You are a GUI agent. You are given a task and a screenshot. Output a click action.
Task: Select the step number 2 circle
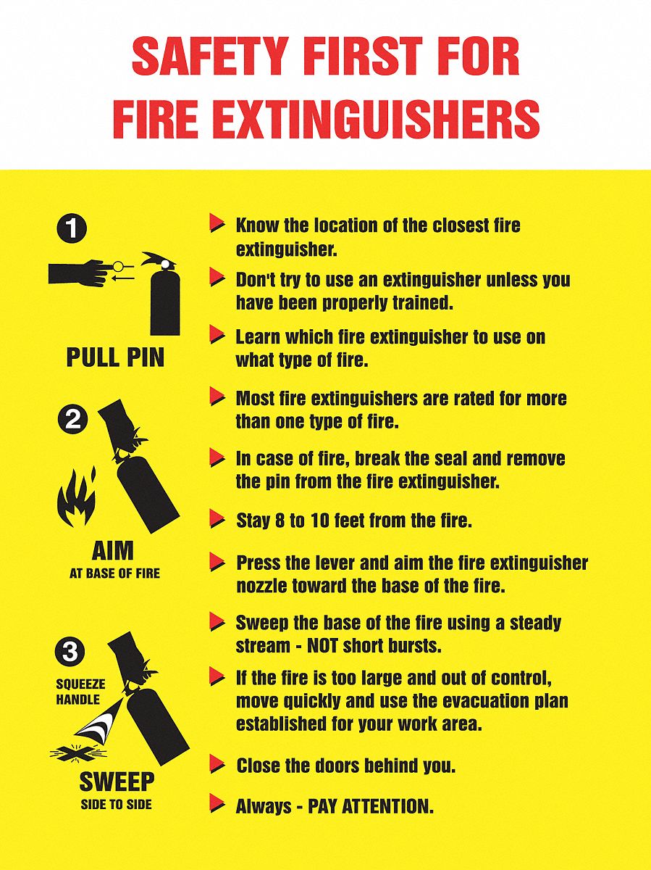pos(72,420)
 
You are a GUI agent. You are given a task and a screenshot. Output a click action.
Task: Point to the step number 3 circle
pos(70,652)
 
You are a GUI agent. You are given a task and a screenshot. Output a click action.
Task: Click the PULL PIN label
pos(115,357)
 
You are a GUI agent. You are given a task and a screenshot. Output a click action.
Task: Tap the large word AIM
pos(113,551)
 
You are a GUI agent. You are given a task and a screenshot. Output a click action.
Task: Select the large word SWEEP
pos(116,782)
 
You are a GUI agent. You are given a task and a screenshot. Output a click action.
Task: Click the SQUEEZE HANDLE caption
pos(80,692)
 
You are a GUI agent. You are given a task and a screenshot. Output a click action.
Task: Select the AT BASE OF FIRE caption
pos(114,573)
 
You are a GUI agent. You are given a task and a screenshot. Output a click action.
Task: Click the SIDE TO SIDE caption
pos(116,804)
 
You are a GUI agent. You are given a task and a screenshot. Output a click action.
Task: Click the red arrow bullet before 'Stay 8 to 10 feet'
pos(217,518)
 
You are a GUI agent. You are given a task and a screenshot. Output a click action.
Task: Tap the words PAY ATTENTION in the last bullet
pos(371,806)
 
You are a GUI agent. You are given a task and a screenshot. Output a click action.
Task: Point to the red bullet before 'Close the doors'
pos(217,763)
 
